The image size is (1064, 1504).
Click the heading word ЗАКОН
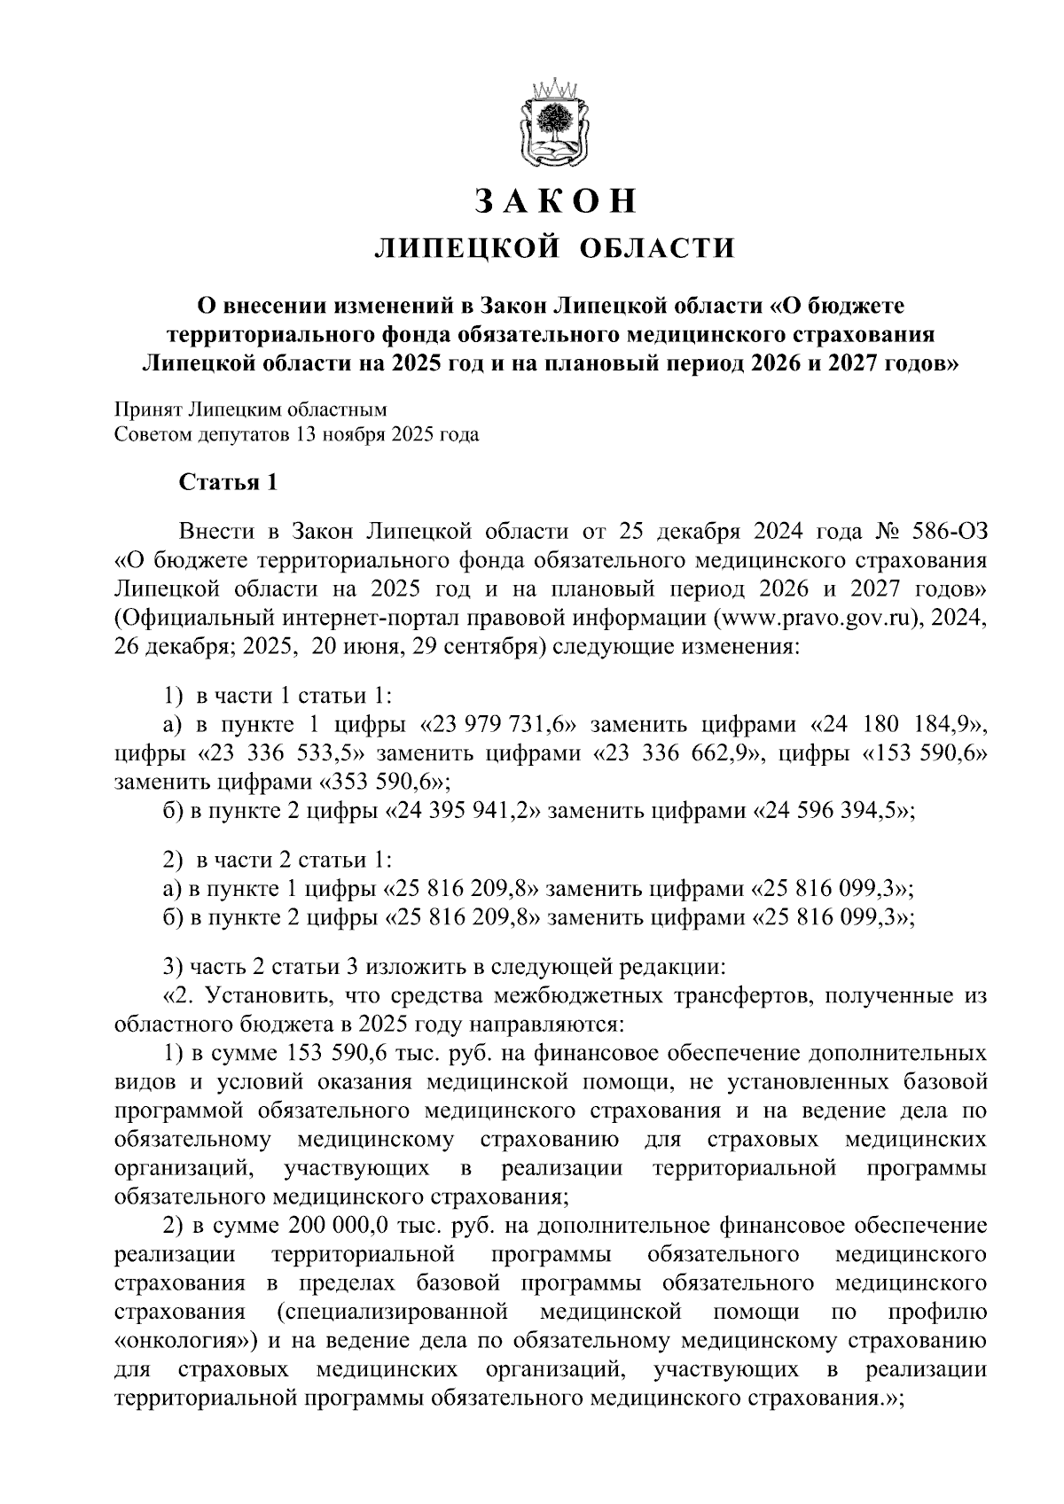click(556, 201)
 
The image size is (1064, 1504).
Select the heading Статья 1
click(229, 482)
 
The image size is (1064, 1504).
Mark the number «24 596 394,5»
click(832, 811)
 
